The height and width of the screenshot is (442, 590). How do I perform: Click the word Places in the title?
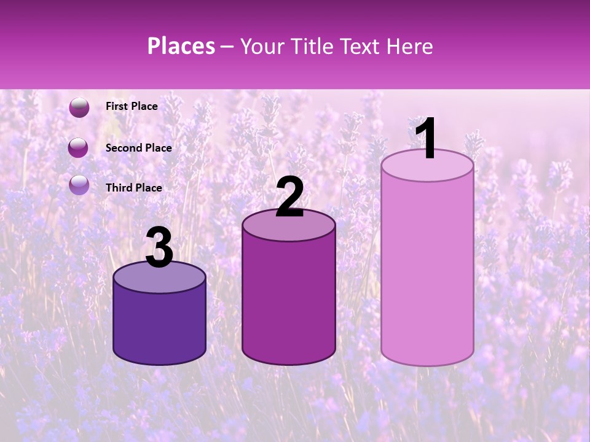(181, 46)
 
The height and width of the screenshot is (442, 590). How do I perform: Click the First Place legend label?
(132, 106)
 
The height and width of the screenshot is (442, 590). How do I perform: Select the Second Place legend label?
(138, 147)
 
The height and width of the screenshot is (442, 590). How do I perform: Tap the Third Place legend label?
(134, 188)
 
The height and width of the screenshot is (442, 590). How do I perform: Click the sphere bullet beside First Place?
(79, 107)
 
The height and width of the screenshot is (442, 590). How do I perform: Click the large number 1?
(425, 139)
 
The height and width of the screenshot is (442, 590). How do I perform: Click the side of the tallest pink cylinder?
(427, 270)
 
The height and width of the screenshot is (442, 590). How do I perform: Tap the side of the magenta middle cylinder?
(289, 301)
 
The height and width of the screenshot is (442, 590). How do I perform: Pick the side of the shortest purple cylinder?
(159, 325)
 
